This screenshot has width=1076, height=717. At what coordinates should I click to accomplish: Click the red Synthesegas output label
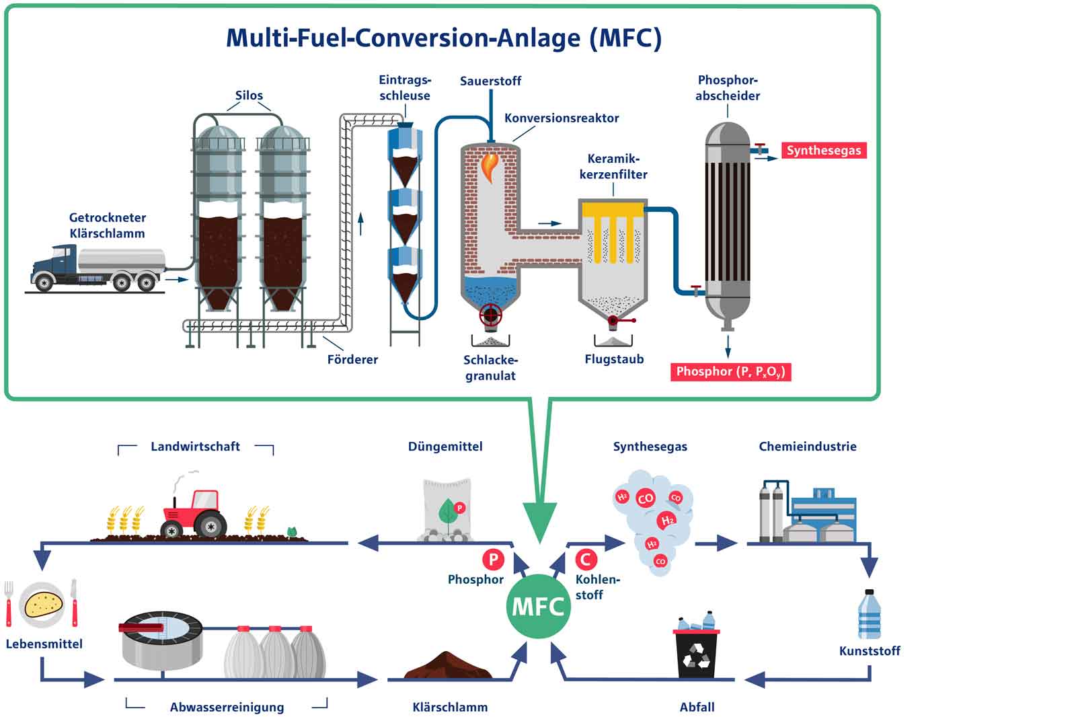pyautogui.click(x=823, y=150)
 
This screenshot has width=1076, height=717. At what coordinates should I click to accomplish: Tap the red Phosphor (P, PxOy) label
pyautogui.click(x=730, y=372)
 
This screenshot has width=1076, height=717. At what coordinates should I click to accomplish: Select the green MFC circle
pyautogui.click(x=538, y=607)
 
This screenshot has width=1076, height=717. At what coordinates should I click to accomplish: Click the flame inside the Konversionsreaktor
pyautogui.click(x=490, y=165)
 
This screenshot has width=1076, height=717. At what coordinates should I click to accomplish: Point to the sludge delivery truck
pyautogui.click(x=98, y=268)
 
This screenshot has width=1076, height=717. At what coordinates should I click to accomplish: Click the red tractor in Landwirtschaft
pyautogui.click(x=195, y=514)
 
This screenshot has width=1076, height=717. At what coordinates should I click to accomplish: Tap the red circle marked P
pyautogui.click(x=493, y=559)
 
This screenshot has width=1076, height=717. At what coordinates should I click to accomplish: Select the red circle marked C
pyautogui.click(x=586, y=559)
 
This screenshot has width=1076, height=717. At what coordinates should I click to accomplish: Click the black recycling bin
pyautogui.click(x=696, y=652)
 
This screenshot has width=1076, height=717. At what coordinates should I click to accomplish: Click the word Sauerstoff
pyautogui.click(x=490, y=81)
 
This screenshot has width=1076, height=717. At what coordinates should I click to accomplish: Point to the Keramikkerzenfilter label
pyautogui.click(x=613, y=167)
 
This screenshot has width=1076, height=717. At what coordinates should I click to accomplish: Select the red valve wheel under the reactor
pyautogui.click(x=490, y=315)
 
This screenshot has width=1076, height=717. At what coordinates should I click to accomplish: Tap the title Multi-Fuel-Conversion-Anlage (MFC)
pyautogui.click(x=443, y=38)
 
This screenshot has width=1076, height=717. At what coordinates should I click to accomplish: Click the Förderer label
pyautogui.click(x=352, y=359)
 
